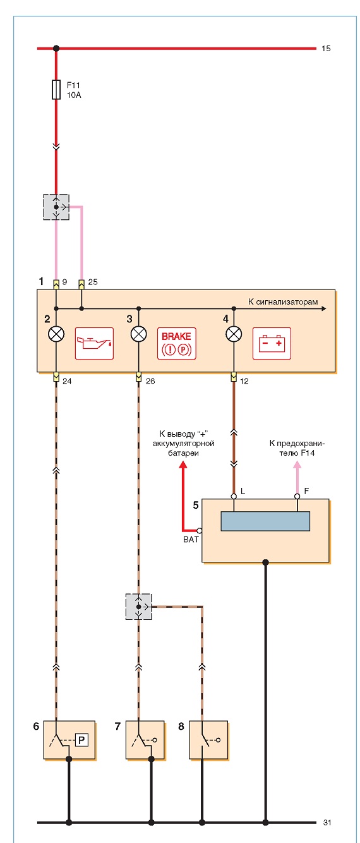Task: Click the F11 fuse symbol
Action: pyautogui.click(x=56, y=90)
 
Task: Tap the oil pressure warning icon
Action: pyautogui.click(x=94, y=343)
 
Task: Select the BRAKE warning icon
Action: pyautogui.click(x=176, y=343)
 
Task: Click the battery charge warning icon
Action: pyautogui.click(x=272, y=343)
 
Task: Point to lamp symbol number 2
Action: pyautogui.click(x=56, y=334)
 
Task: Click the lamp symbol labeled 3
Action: pyautogui.click(x=138, y=334)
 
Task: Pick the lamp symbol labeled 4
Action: pyautogui.click(x=234, y=334)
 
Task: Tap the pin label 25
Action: pyautogui.click(x=93, y=282)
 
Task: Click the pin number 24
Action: pyautogui.click(x=67, y=381)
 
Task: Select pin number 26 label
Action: pyautogui.click(x=150, y=381)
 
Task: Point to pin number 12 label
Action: pyautogui.click(x=244, y=381)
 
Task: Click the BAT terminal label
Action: pyautogui.click(x=191, y=539)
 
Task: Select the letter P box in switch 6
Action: pyautogui.click(x=81, y=740)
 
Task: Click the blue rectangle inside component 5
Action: pyautogui.click(x=265, y=521)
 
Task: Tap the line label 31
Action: pyautogui.click(x=327, y=823)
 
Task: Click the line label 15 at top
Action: pyautogui.click(x=326, y=48)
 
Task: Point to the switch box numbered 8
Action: pyautogui.click(x=208, y=740)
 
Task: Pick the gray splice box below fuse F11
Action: pyautogui.click(x=56, y=207)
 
